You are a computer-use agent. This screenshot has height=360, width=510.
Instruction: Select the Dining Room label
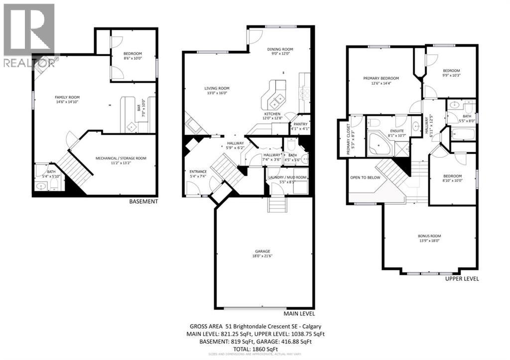click(x=280, y=49)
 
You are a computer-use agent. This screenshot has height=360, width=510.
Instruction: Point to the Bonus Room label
click(x=429, y=236)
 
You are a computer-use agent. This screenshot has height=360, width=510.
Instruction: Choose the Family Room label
click(x=67, y=97)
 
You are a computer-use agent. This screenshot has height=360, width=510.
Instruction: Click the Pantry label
click(x=300, y=124)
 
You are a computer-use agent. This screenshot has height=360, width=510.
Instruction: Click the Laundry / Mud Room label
click(x=287, y=177)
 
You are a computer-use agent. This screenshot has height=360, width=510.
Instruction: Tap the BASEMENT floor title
click(x=143, y=202)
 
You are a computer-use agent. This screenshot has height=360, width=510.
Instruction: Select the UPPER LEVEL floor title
click(x=462, y=279)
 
